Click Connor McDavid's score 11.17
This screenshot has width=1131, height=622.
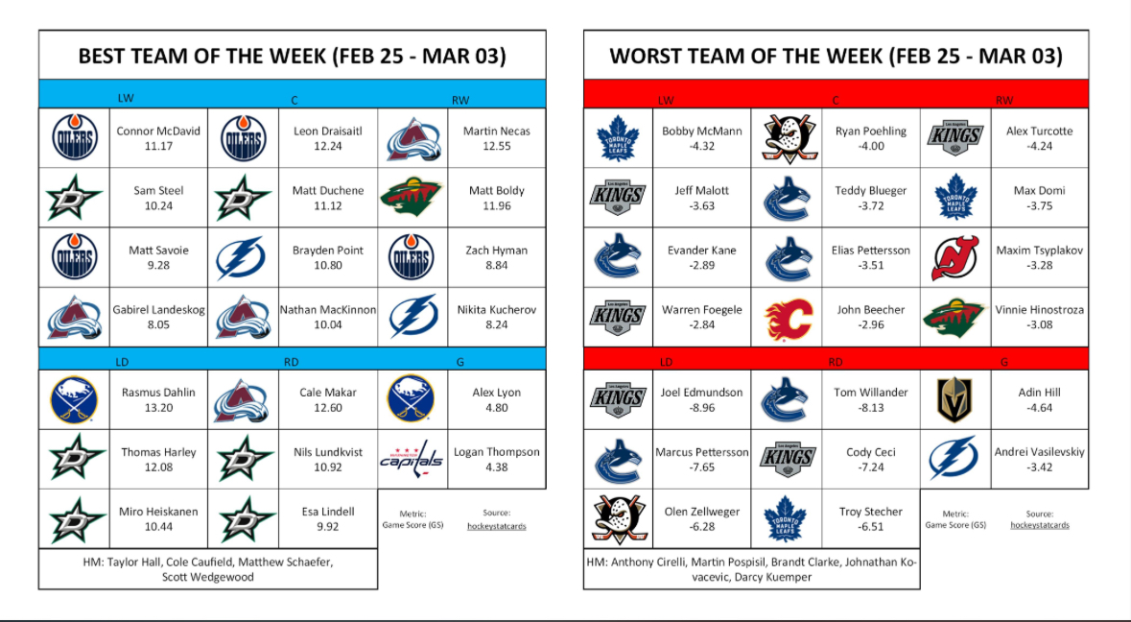[x=158, y=147]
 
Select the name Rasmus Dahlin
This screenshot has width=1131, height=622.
[x=158, y=393]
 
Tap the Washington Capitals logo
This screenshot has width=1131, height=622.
[x=412, y=458]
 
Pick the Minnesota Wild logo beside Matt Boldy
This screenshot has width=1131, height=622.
[x=412, y=197]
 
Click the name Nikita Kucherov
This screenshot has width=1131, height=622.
[x=496, y=309]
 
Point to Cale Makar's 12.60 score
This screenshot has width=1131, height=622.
[x=327, y=408]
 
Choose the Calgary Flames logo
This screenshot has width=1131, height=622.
[x=788, y=317]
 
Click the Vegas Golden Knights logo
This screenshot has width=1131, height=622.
[x=955, y=399]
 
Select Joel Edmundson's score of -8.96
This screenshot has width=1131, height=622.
[x=701, y=408]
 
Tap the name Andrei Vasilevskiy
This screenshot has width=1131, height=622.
[x=1040, y=452]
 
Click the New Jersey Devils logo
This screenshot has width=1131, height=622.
[x=955, y=257]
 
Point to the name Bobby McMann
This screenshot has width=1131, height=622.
[x=701, y=132]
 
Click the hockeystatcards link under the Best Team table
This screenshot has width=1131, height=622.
[x=496, y=526]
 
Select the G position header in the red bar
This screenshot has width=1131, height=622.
[x=1004, y=362]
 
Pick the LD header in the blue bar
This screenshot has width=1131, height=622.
[x=121, y=362]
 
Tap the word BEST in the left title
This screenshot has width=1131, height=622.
[x=107, y=57]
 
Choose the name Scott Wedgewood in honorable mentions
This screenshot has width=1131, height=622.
[x=208, y=577]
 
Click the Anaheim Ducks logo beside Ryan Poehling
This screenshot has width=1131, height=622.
[x=788, y=138]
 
